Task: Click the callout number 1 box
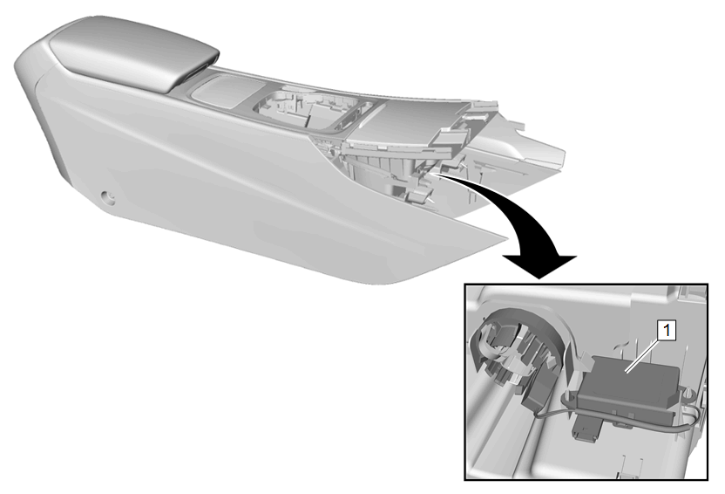pyautogui.click(x=667, y=331)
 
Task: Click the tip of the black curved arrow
pyautogui.click(x=539, y=278)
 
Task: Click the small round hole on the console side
pyautogui.click(x=110, y=198)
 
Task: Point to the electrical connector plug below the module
pyautogui.click(x=586, y=429)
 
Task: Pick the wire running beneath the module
pyautogui.click(x=615, y=415)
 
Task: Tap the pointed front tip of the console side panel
pyautogui.click(x=503, y=238)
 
